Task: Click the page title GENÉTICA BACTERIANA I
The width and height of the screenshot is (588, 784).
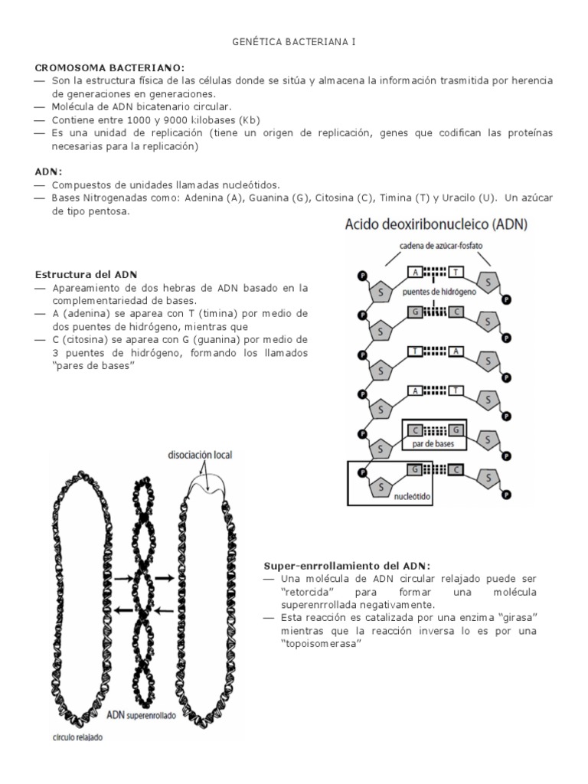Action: [293, 44]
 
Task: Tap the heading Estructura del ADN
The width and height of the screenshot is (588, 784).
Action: [85, 274]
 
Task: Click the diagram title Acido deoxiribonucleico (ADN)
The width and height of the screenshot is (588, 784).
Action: [430, 225]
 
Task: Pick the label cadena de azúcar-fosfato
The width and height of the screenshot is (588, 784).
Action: [441, 245]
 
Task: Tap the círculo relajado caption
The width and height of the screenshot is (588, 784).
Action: [72, 739]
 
